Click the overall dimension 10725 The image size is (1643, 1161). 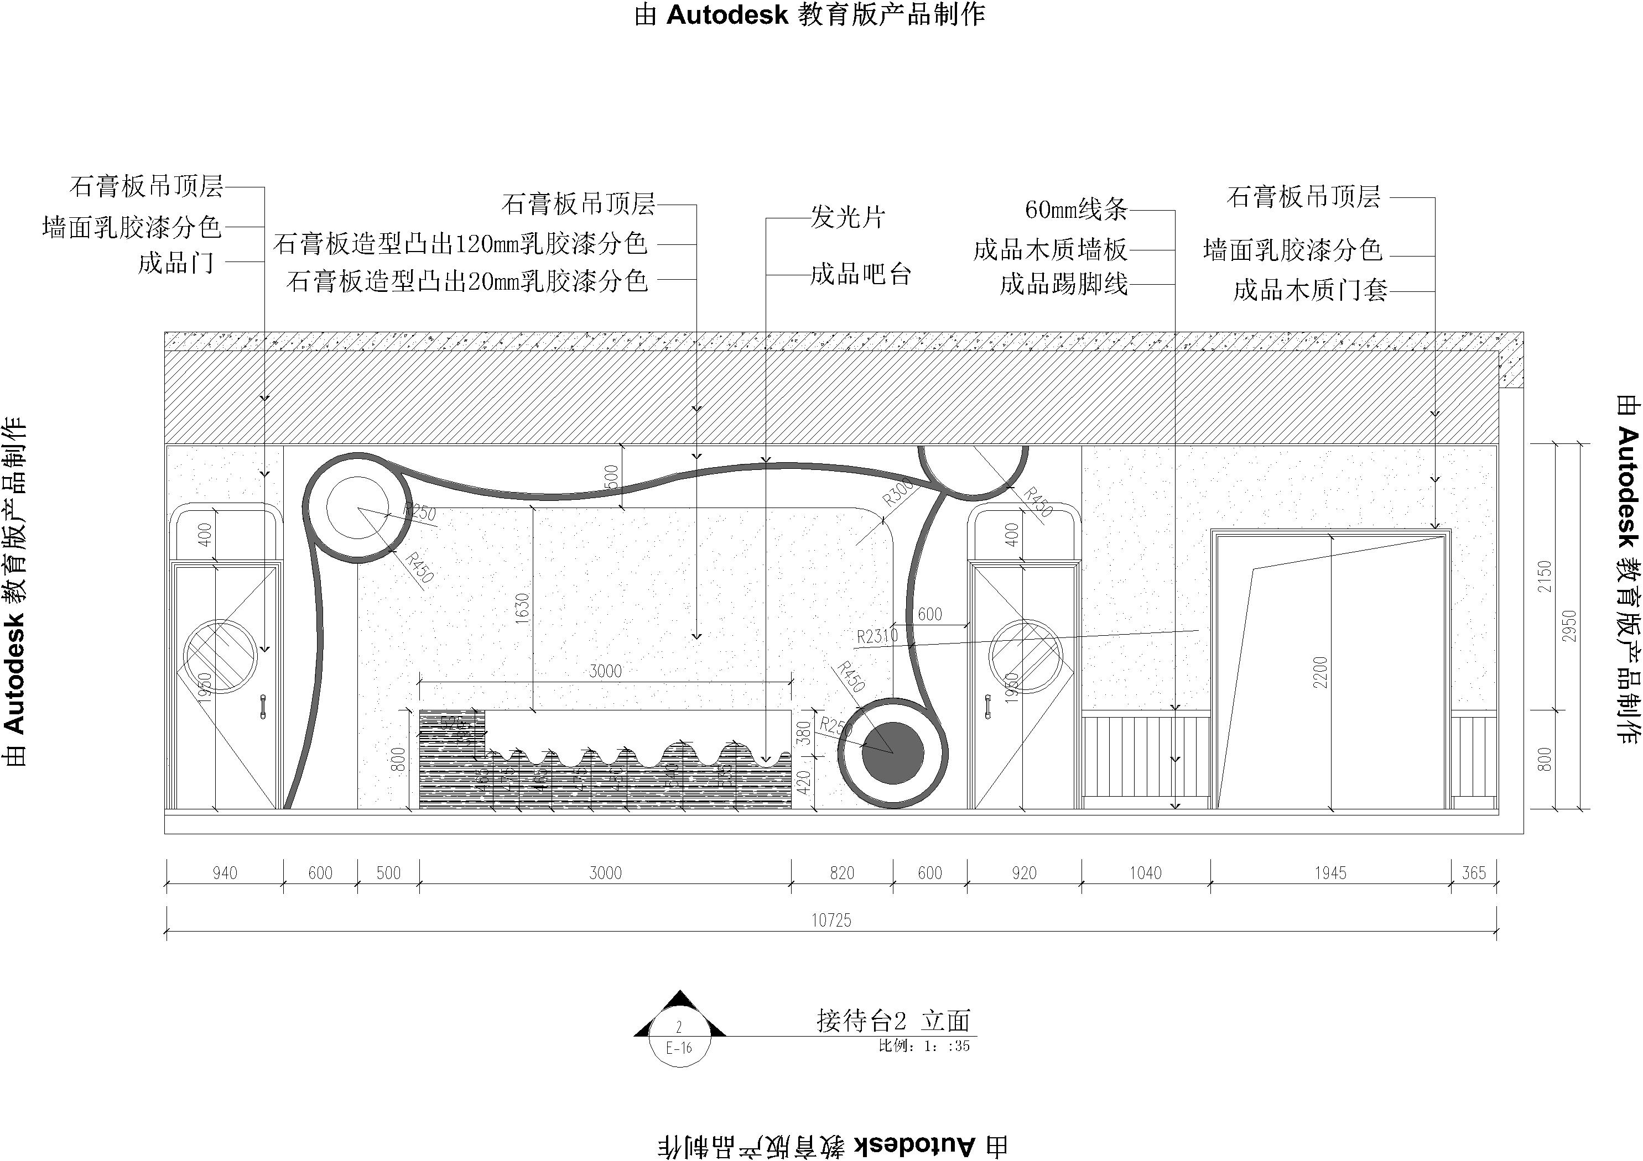831,920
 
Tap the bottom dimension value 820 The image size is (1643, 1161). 843,873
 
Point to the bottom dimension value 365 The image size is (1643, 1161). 1473,873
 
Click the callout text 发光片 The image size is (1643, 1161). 848,217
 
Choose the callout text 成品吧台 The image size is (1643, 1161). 860,275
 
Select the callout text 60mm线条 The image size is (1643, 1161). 1075,210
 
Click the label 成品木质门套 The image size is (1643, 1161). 1310,290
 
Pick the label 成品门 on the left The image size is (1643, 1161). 176,263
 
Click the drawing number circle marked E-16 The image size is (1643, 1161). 679,1047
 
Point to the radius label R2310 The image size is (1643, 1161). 877,636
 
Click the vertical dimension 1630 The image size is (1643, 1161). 522,608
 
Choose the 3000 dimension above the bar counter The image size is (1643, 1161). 605,671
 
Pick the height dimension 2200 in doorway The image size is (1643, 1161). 1320,672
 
